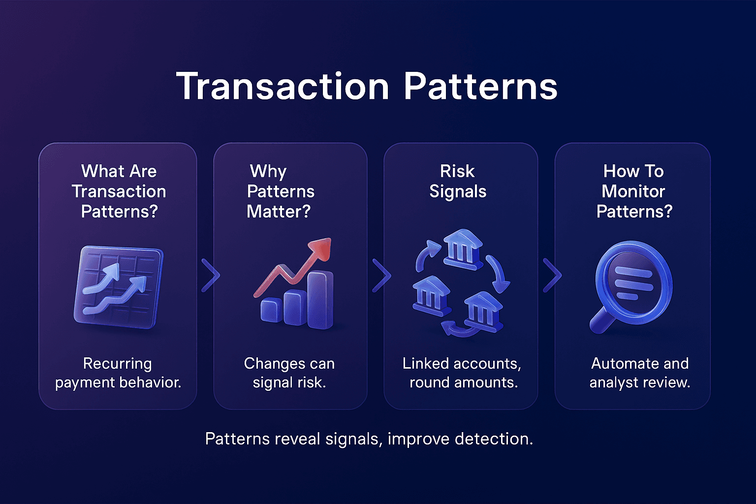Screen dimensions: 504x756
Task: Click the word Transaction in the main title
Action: coord(283,87)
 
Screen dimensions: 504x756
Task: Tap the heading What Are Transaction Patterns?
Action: coord(119,191)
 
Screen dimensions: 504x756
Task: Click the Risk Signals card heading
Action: coord(458,181)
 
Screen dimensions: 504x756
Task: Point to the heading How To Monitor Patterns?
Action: coord(634,191)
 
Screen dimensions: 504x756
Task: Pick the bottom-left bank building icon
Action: coord(431,295)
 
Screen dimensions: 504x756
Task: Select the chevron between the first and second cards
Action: coord(210,275)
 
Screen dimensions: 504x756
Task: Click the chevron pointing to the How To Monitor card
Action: coord(552,275)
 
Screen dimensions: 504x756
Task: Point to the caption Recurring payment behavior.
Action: coord(118,373)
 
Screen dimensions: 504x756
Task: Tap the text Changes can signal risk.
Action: coord(289,373)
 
